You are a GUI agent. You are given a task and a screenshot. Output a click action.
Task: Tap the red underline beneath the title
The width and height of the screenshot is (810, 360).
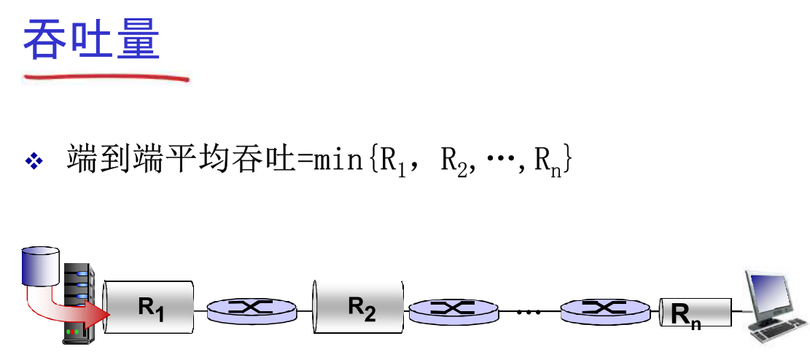pos(106,76)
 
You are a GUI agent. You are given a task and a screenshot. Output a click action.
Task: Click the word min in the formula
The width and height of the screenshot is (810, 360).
pos(337,160)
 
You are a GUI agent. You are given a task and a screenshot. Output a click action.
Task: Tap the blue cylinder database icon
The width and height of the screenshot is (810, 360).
pos(41,266)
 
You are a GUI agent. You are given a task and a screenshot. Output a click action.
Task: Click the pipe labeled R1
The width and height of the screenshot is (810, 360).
pos(149,309)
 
